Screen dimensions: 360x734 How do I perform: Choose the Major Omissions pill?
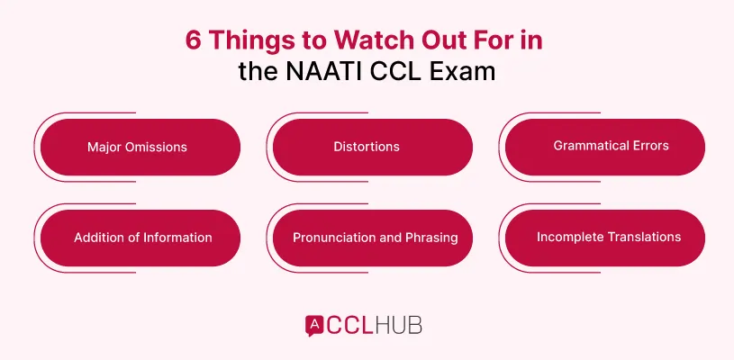pyautogui.click(x=140, y=147)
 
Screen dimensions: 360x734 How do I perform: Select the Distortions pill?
pyautogui.click(x=372, y=147)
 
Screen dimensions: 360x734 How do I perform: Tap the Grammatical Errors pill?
pyautogui.click(x=603, y=147)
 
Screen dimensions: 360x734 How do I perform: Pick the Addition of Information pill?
pyautogui.click(x=140, y=238)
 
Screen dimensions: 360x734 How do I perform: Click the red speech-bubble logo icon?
pyautogui.click(x=315, y=324)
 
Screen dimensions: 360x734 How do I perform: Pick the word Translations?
pyautogui.click(x=643, y=238)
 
